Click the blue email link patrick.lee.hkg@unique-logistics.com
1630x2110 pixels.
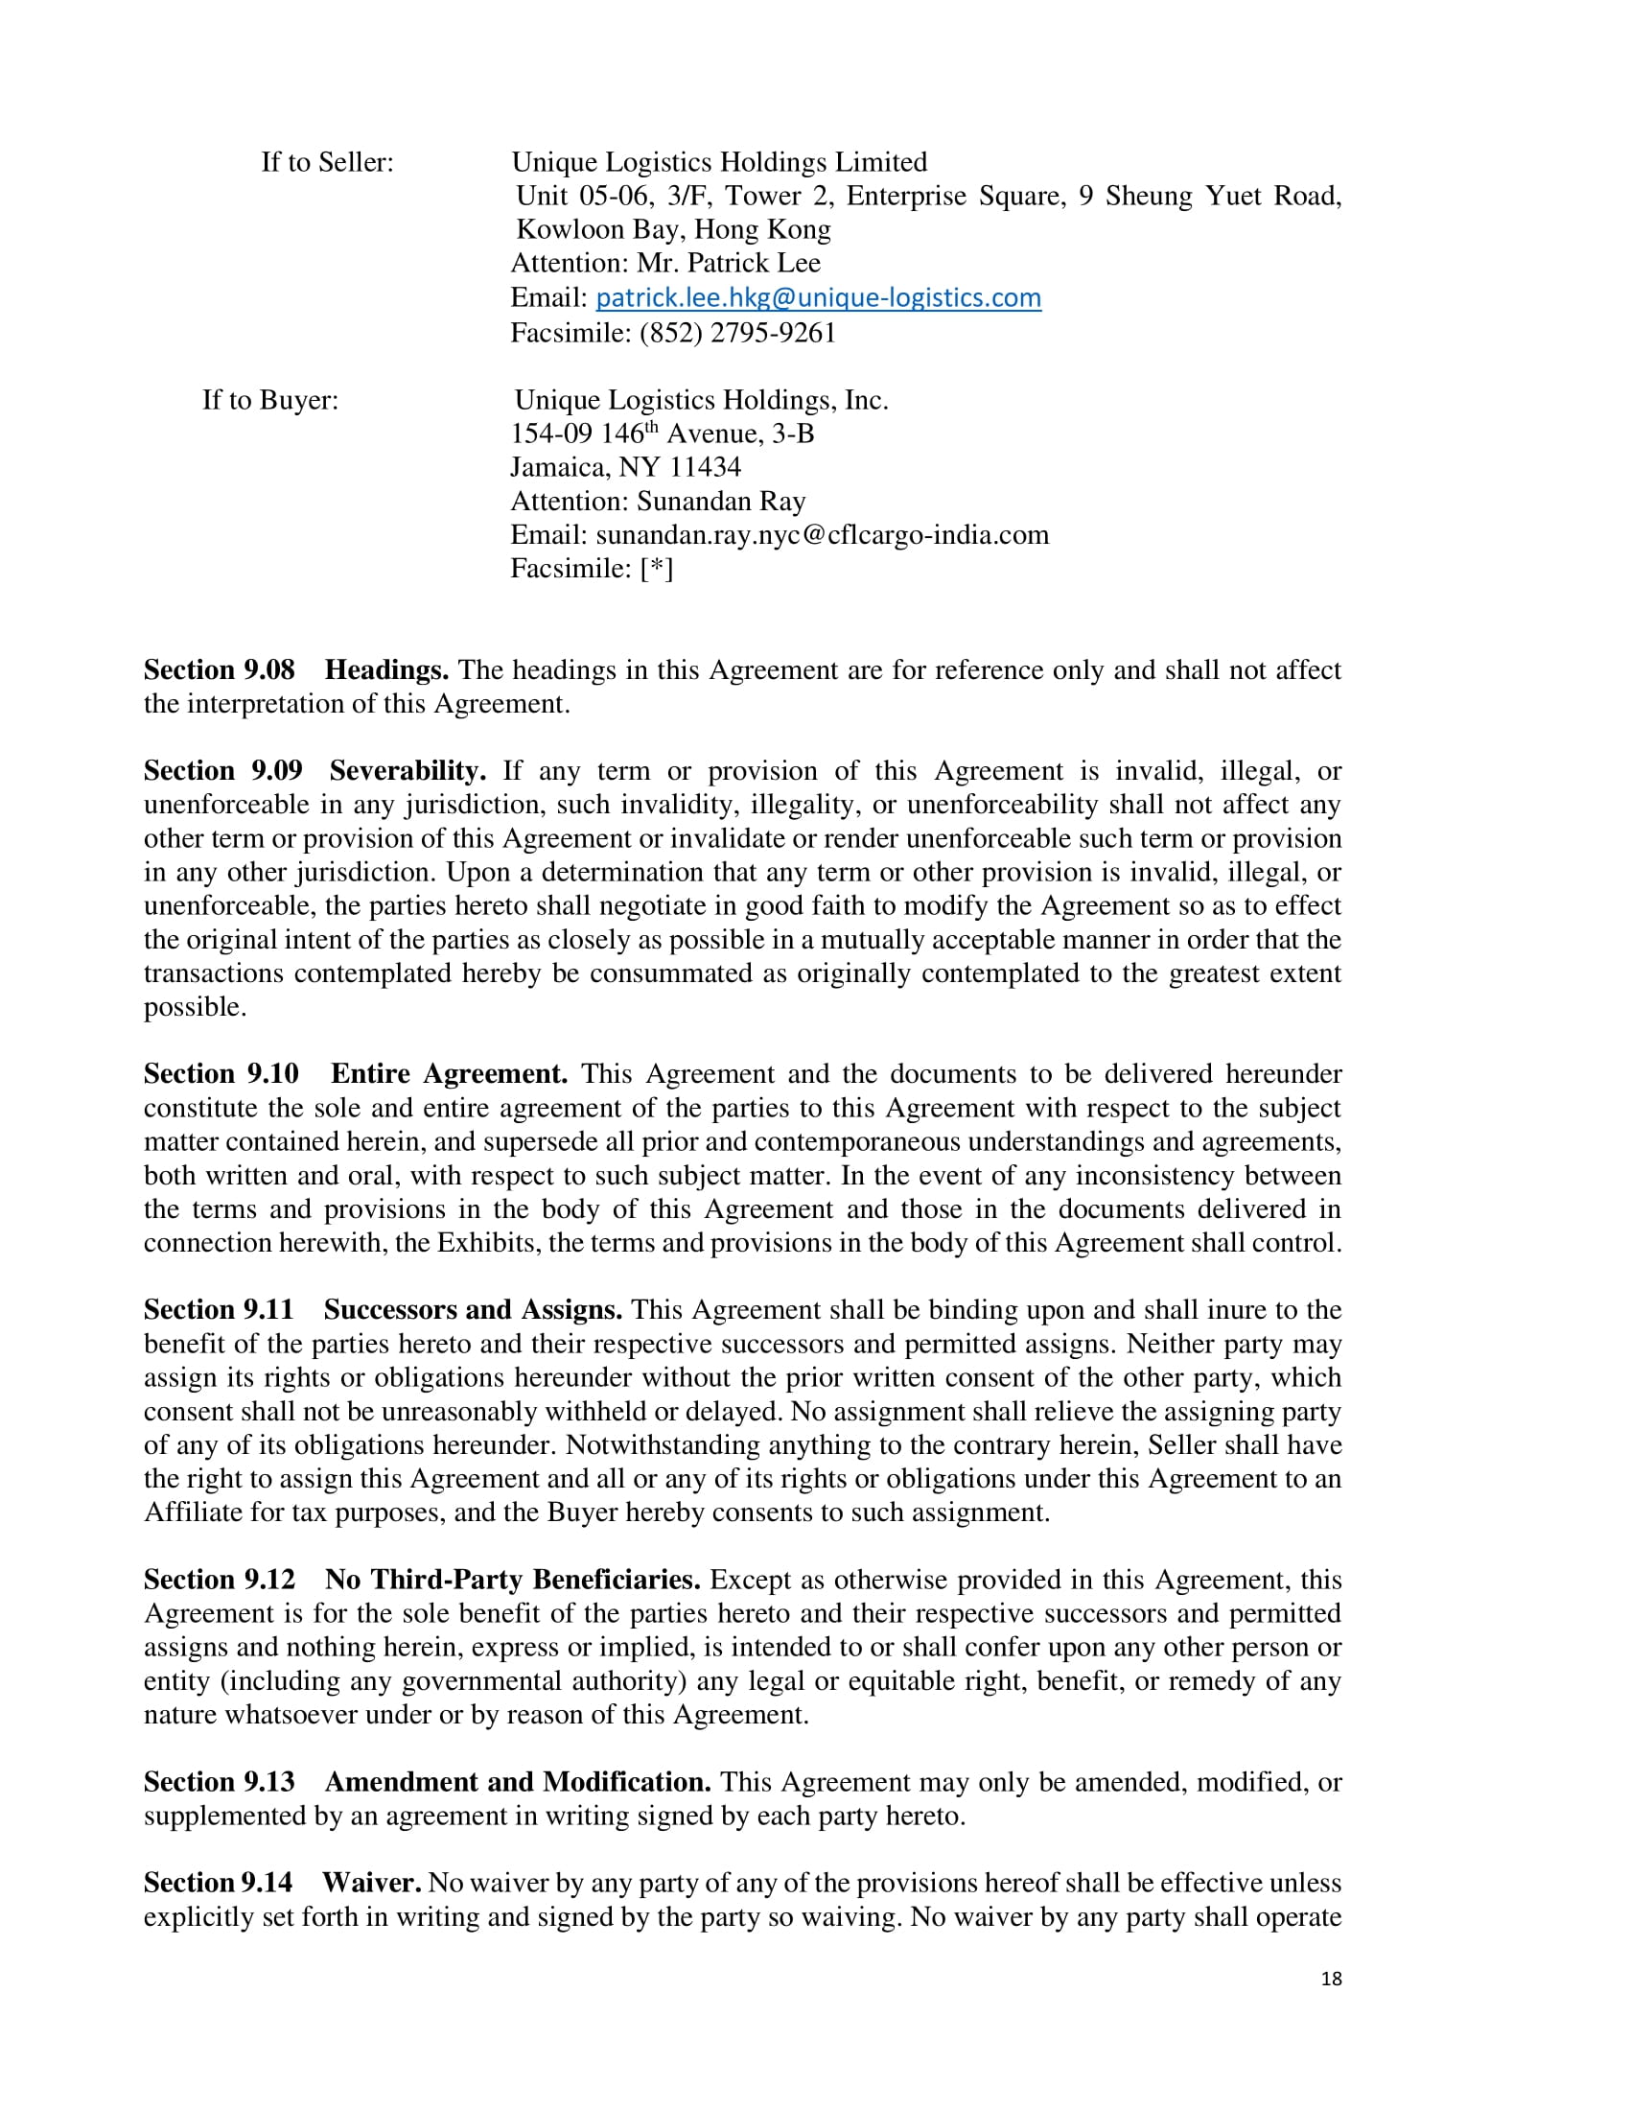[x=818, y=297]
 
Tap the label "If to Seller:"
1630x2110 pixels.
[x=327, y=162]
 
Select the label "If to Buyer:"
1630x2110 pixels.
[x=270, y=400]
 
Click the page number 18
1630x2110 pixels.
[x=1331, y=1979]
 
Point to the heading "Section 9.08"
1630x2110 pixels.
[x=220, y=670]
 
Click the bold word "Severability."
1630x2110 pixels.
[x=407, y=771]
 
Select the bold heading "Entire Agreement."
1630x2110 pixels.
[x=449, y=1074]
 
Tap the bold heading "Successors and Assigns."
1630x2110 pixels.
[x=473, y=1310]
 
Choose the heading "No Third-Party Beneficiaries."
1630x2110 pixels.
[x=513, y=1580]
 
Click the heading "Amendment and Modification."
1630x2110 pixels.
[x=518, y=1782]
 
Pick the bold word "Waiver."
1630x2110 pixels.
[x=372, y=1883]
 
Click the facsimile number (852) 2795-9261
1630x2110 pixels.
[x=736, y=334]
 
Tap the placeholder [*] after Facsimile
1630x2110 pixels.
[x=657, y=569]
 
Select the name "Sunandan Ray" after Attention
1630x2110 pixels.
[x=720, y=502]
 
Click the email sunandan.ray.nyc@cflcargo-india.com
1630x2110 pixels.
[x=822, y=535]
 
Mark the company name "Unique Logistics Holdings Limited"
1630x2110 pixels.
[x=718, y=162]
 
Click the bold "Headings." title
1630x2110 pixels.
[x=386, y=670]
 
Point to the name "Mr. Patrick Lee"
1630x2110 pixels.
[x=728, y=264]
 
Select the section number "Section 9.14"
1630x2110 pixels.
[x=219, y=1883]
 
